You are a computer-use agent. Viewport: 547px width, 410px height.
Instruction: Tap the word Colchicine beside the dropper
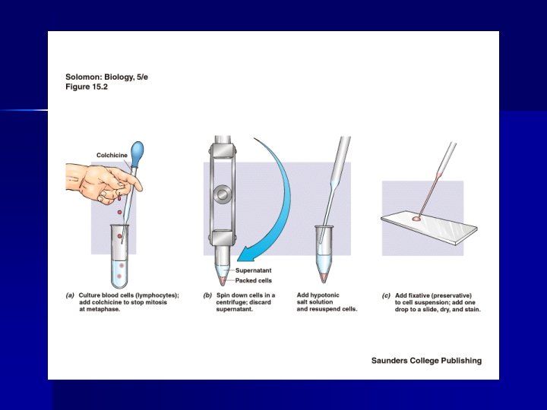(112, 155)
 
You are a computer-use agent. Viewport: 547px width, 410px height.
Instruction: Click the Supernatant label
(253, 270)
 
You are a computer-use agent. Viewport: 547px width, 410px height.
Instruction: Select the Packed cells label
(253, 280)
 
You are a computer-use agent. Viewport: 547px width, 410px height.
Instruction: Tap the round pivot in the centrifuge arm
(222, 194)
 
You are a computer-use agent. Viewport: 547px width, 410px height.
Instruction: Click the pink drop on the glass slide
(416, 219)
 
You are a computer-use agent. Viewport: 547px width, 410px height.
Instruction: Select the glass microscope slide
(429, 229)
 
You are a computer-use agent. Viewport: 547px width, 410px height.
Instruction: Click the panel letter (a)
(70, 295)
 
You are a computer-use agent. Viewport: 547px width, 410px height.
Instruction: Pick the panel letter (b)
(207, 295)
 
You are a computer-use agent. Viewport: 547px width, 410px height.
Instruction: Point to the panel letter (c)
(386, 295)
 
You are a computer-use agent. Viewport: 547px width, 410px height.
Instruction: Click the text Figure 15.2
(87, 87)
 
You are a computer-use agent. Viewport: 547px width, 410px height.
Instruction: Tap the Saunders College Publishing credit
(426, 361)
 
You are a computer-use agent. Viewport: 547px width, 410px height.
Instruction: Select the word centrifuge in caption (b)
(230, 302)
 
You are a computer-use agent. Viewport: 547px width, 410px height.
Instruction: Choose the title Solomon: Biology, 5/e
(107, 77)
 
